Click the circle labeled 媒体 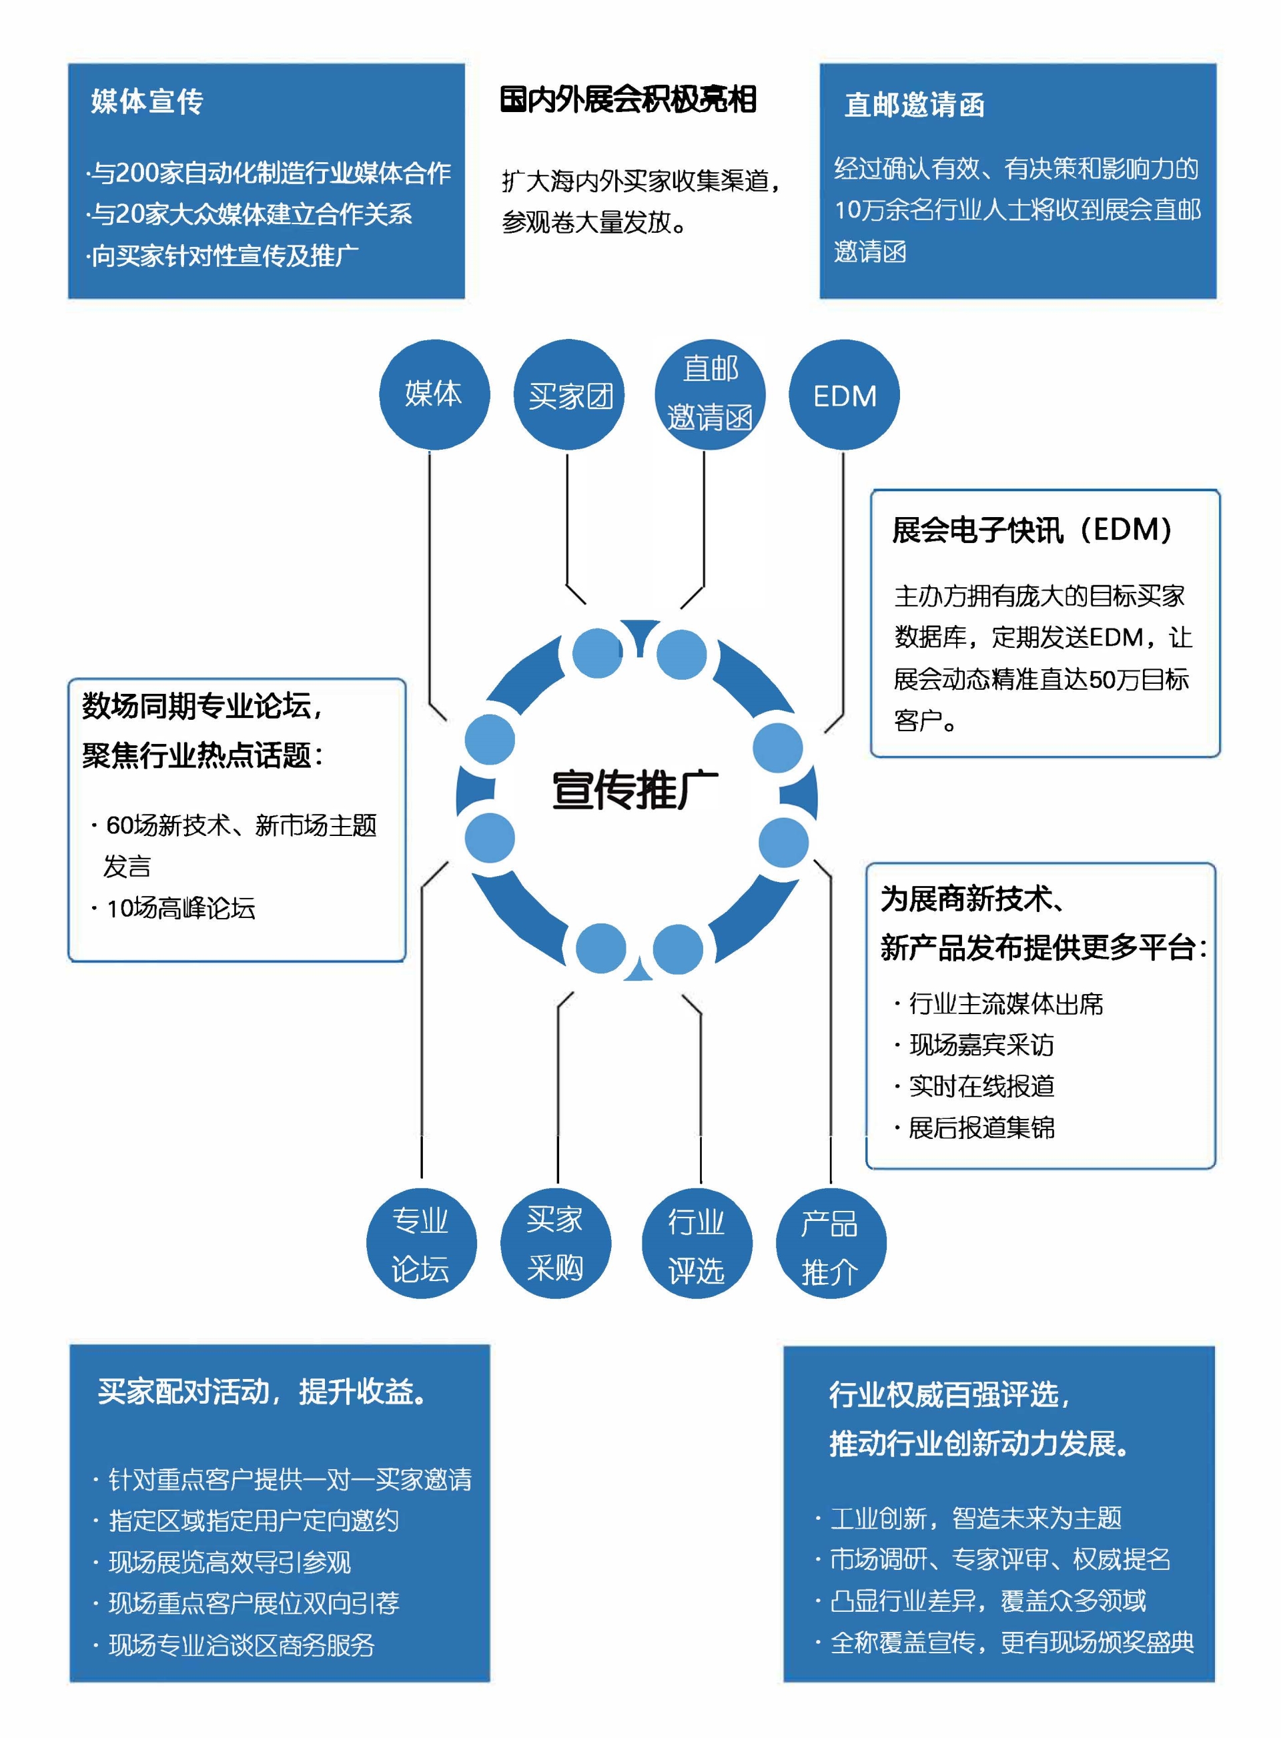434,394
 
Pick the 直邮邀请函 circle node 709,394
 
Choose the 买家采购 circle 555,1244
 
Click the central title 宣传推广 635,790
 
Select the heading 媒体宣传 147,101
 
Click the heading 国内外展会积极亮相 628,100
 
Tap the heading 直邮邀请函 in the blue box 914,105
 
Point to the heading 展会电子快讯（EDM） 1032,530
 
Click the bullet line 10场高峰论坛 181,908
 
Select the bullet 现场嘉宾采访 981,1045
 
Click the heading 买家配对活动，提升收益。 264,1392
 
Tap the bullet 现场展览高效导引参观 230,1562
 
